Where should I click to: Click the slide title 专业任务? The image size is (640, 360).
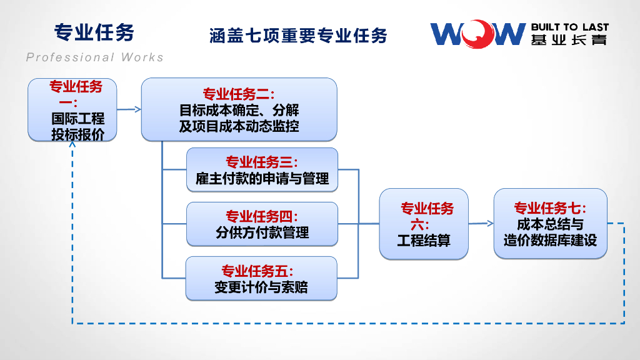click(x=94, y=32)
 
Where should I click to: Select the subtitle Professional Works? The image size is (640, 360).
click(x=95, y=57)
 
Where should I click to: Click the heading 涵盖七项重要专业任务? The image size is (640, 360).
click(x=298, y=36)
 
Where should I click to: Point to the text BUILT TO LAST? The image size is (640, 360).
click(x=569, y=27)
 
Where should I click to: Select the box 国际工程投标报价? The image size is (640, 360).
click(x=72, y=110)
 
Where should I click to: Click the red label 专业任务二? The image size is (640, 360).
click(x=239, y=94)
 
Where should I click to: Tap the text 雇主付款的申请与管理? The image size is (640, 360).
click(x=262, y=179)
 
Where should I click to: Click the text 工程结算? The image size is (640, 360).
click(x=424, y=239)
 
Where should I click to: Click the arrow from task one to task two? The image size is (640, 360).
click(x=129, y=109)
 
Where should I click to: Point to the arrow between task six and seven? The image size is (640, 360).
click(x=481, y=223)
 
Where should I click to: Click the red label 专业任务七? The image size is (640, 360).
click(x=550, y=207)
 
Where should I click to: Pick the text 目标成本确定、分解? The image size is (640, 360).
click(x=239, y=111)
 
